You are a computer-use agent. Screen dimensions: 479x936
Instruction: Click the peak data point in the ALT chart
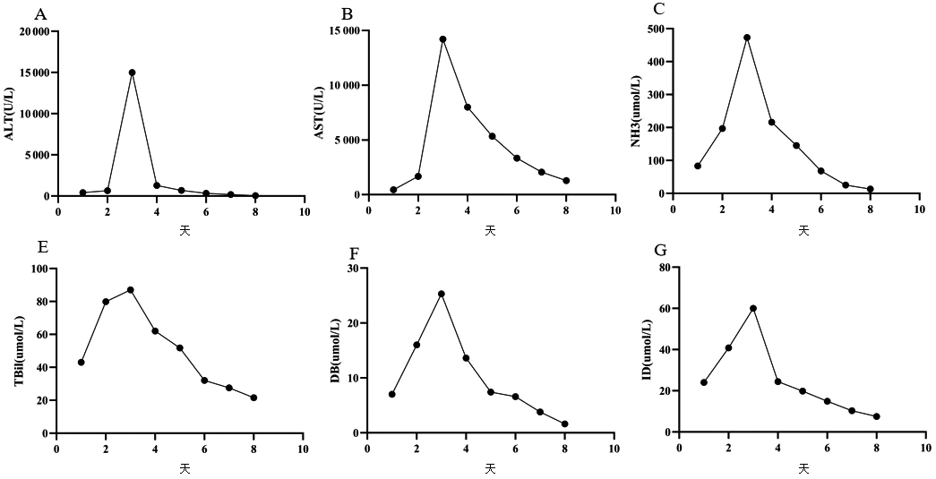132,73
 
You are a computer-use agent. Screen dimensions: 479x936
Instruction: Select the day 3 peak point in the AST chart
442,39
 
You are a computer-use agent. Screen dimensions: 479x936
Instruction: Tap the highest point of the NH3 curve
747,38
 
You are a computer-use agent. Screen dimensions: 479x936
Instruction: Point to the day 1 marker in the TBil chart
82,363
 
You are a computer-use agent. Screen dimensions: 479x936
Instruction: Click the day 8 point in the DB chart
565,423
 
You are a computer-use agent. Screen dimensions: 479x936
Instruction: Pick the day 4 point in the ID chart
777,381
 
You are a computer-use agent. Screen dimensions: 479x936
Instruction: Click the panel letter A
38,14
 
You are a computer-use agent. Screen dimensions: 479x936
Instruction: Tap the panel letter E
38,252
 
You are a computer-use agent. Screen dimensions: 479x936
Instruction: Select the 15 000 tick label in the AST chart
344,31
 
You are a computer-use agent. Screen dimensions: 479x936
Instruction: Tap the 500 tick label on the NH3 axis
657,30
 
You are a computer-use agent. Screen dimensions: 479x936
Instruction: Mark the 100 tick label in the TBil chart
39,269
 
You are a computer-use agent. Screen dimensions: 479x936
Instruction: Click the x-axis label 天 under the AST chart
490,230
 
